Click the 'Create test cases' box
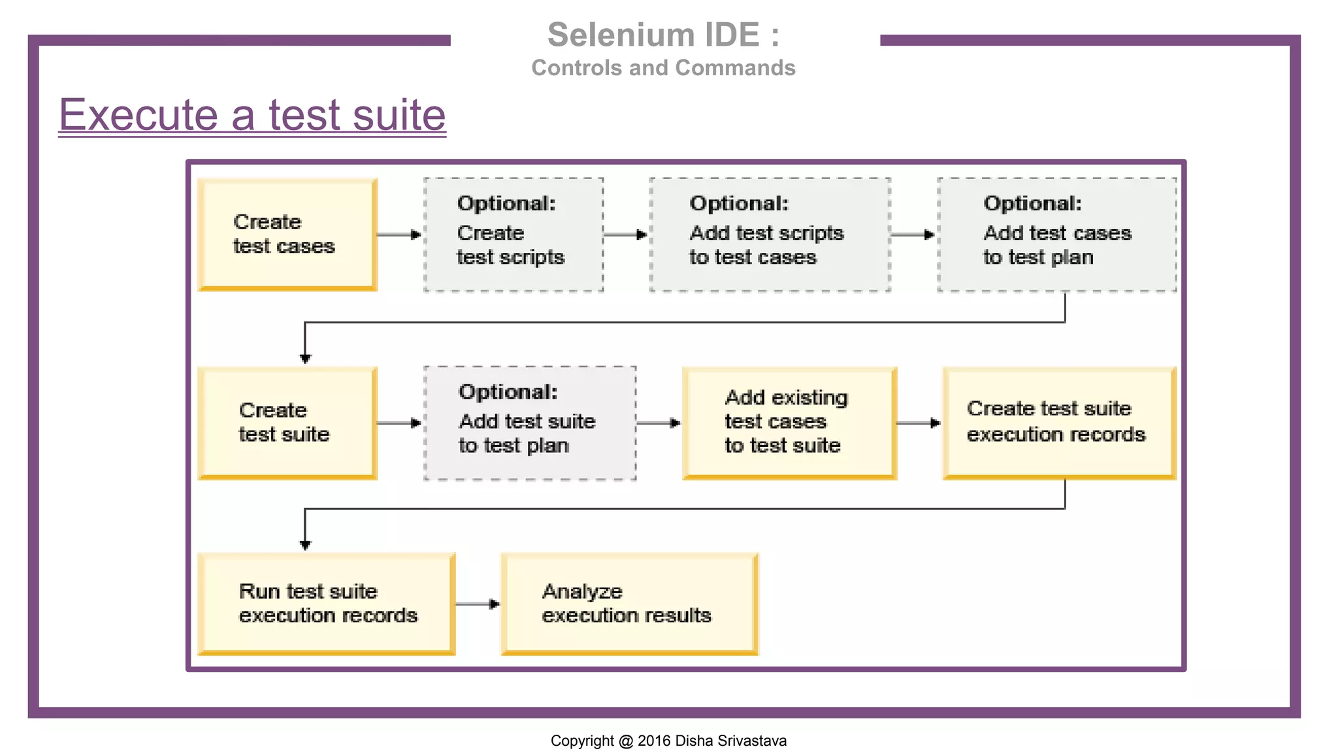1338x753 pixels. (x=287, y=234)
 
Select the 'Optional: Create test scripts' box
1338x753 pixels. (x=514, y=234)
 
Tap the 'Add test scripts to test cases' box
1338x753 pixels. (x=770, y=234)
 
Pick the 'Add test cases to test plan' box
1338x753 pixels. (x=1056, y=234)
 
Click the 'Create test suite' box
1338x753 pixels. (x=287, y=423)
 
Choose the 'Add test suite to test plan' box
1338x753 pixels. (x=530, y=423)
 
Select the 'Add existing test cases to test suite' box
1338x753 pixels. (x=789, y=423)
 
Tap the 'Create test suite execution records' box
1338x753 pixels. (x=1059, y=423)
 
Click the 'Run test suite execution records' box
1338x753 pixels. (x=326, y=603)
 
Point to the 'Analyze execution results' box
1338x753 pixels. (x=629, y=603)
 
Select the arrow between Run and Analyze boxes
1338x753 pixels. (x=478, y=604)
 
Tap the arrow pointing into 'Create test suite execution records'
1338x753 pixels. (x=919, y=423)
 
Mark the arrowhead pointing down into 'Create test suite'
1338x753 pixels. (x=305, y=358)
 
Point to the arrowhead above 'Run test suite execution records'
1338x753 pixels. (x=305, y=544)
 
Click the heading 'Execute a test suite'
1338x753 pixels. (x=252, y=115)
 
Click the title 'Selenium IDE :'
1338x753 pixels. (x=663, y=35)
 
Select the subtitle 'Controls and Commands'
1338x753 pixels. (x=663, y=68)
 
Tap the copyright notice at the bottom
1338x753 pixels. (x=668, y=741)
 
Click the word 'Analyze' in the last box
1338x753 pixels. (x=582, y=592)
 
